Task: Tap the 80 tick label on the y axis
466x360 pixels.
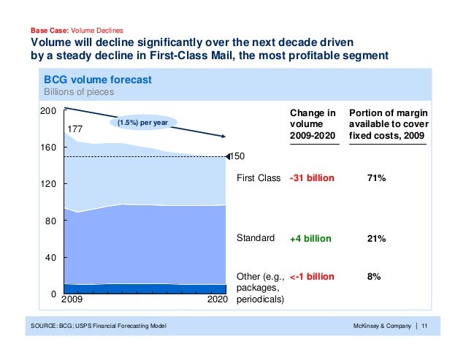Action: point(50,221)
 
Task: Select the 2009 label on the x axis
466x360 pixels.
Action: point(72,299)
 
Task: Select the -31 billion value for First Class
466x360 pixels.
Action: point(312,178)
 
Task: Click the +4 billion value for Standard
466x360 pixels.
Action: point(310,239)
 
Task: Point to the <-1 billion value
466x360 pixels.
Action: point(312,277)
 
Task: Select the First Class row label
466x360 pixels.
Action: point(259,178)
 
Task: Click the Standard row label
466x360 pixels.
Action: point(256,238)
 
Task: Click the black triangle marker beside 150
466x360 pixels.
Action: point(230,156)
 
